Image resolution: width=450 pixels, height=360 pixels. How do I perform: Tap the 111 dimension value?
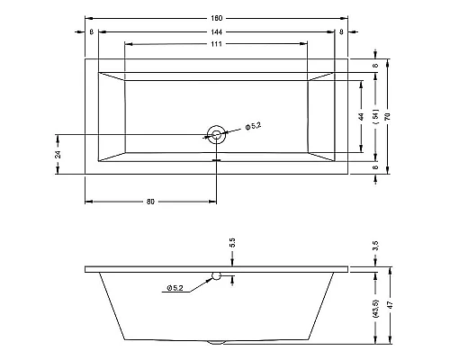click(x=216, y=45)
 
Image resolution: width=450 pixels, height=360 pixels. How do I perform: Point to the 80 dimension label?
click(x=149, y=201)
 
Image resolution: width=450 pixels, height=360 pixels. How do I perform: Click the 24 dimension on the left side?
click(x=58, y=154)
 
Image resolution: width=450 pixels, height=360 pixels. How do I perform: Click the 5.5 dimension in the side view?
click(x=232, y=243)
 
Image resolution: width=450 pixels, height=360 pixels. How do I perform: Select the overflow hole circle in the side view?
click(x=216, y=274)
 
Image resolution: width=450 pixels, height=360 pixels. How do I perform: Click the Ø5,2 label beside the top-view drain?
click(x=253, y=127)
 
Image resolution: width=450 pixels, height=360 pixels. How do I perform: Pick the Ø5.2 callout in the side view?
click(x=174, y=288)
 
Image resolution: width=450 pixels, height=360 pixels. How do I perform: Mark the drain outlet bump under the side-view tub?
click(x=216, y=343)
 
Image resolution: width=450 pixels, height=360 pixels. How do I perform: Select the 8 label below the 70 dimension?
click(x=374, y=166)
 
